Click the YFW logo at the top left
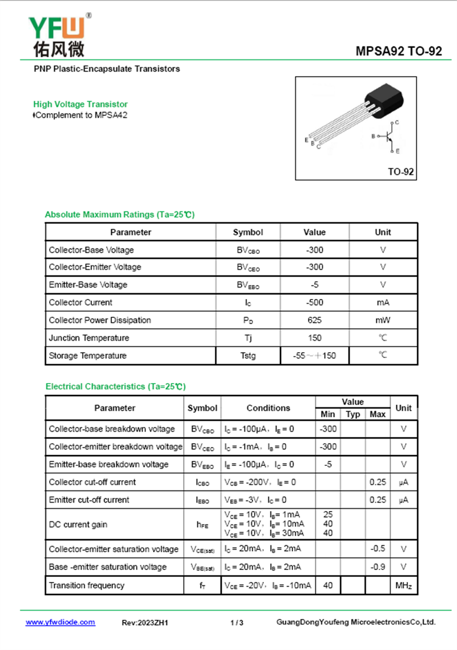click(57, 35)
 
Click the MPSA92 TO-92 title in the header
click(399, 51)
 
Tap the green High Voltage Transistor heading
click(81, 104)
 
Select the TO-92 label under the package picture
click(400, 172)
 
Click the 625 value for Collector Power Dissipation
click(314, 320)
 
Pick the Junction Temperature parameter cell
click(89, 338)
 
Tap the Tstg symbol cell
click(248, 356)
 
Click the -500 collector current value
click(314, 302)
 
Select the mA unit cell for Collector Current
click(383, 302)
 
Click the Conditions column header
click(268, 408)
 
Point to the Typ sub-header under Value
click(353, 414)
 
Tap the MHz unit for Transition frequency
click(403, 585)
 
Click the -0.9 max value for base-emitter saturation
click(378, 567)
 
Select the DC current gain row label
click(78, 524)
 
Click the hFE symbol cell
click(202, 524)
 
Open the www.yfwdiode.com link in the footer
click(61, 622)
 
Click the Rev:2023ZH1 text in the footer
click(145, 623)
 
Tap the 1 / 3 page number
click(237, 623)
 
